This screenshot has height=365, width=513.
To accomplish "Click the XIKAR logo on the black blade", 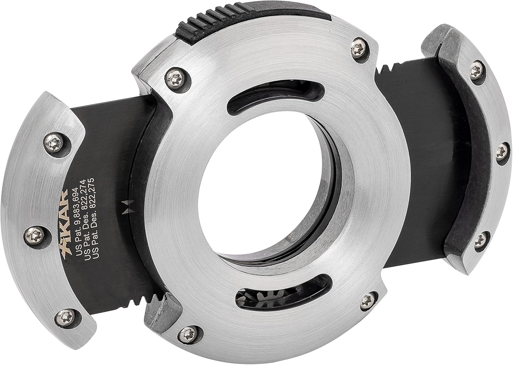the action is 64,230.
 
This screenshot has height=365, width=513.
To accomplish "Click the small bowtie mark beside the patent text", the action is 125,207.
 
